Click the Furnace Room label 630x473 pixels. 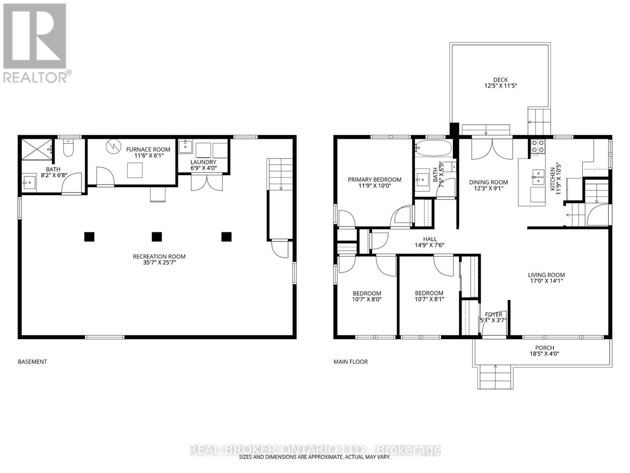[x=148, y=149]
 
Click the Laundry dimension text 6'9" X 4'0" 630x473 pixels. [x=204, y=168]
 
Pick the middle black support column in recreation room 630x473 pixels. [x=157, y=236]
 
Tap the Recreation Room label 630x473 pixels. [x=159, y=257]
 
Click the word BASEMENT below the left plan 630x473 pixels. [x=32, y=362]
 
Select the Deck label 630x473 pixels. [x=500, y=80]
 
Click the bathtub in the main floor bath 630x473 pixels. [x=434, y=148]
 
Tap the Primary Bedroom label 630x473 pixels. [x=374, y=180]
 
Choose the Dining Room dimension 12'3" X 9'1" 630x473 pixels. [x=489, y=188]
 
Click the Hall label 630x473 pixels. [x=430, y=239]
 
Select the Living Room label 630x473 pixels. [x=547, y=275]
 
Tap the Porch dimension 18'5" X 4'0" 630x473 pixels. [x=545, y=354]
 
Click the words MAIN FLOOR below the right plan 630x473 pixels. [x=350, y=362]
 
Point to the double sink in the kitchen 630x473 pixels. [x=538, y=177]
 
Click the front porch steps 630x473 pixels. [x=496, y=377]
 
